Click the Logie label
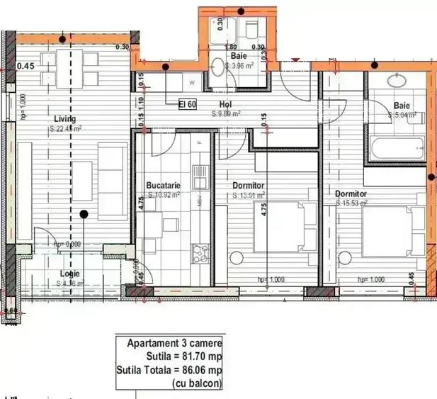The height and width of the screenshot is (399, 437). pyautogui.click(x=69, y=274)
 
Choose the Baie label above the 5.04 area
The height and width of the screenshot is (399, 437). pyautogui.click(x=402, y=107)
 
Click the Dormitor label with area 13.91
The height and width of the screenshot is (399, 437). pyautogui.click(x=249, y=186)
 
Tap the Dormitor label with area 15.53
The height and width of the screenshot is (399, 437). pyautogui.click(x=351, y=193)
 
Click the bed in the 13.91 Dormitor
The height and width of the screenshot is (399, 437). pyautogui.click(x=283, y=227)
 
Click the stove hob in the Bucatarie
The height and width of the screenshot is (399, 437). pyautogui.click(x=200, y=250)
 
